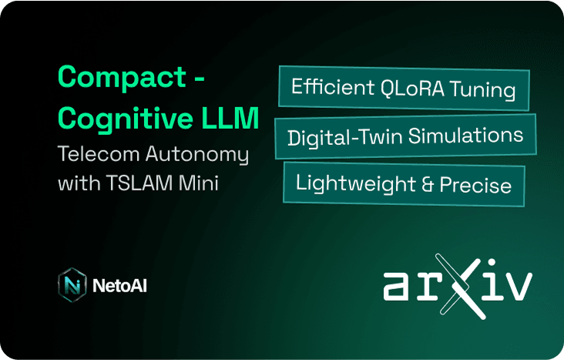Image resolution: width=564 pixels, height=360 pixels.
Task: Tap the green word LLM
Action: [230, 118]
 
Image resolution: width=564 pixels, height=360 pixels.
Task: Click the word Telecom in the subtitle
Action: [99, 154]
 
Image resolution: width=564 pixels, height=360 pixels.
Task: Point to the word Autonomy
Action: [197, 155]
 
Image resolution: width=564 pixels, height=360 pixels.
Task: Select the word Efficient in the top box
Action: [333, 86]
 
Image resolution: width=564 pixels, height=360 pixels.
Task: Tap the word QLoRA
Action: [412, 87]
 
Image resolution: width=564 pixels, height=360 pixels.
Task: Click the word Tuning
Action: [482, 90]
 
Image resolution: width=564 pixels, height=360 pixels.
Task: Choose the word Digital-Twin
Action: [344, 137]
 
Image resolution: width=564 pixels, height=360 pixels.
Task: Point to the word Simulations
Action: [465, 136]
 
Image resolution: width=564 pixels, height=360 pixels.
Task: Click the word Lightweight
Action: [355, 183]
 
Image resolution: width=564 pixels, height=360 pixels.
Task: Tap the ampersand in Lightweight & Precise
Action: [428, 184]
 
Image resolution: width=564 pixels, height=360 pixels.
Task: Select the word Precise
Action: [475, 185]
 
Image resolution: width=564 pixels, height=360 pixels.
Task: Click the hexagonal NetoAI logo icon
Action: [72, 284]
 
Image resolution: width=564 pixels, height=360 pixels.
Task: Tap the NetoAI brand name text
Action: [119, 286]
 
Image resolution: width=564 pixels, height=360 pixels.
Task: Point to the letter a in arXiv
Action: [396, 286]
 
